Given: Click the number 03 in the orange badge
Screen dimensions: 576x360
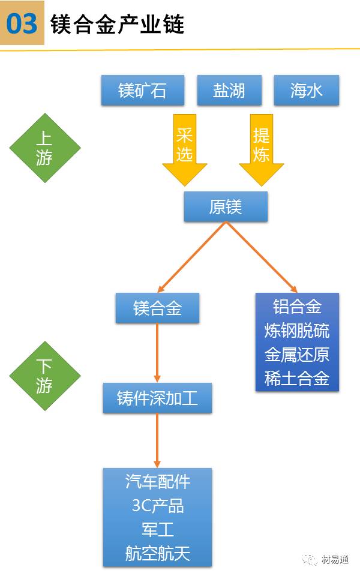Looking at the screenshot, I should coord(22,24).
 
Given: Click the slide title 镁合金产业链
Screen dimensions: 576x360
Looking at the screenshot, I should coord(117,25).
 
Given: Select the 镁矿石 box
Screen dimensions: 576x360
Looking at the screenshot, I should coord(142,91).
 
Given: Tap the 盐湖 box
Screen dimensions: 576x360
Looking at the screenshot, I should coord(229,91).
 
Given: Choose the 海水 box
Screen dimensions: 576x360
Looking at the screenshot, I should coord(306,91).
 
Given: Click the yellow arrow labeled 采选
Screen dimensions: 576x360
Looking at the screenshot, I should coord(184,147).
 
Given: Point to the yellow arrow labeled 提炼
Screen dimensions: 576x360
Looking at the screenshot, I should coord(261,147).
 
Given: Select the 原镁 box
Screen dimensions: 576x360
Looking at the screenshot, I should coord(225,207).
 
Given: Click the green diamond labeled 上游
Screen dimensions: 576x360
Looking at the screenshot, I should coord(44,148).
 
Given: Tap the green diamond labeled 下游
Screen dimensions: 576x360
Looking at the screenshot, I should coord(44,376).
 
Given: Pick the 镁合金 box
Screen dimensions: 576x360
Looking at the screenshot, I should coord(157,308).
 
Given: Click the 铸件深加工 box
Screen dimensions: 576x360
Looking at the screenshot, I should coord(157,398).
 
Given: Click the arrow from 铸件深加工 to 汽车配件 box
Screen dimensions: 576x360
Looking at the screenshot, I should coord(157,440).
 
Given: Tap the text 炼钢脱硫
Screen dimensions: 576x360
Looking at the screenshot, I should coord(297,331).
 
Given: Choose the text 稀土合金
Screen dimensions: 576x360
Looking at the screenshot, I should coord(297,379).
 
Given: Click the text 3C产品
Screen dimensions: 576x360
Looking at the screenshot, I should coord(157,505).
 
